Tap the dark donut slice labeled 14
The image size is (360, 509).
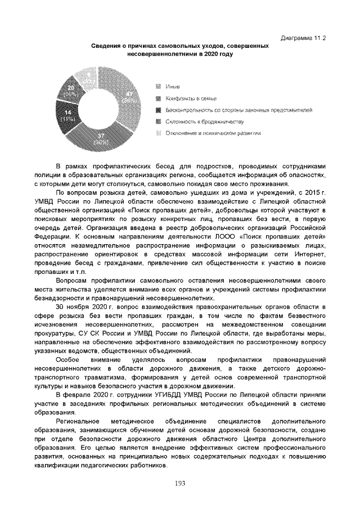(x=68, y=115)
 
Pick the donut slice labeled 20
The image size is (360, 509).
(x=72, y=90)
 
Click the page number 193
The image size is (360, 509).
(x=180, y=483)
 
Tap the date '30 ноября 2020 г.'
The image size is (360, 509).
(x=84, y=307)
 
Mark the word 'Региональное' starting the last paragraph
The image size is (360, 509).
(x=78, y=422)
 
